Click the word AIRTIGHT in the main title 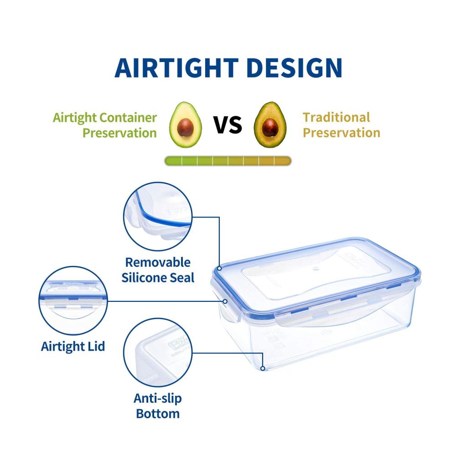point(176,68)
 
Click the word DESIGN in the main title point(294,68)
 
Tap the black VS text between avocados point(228,124)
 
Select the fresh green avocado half point(186,124)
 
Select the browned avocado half point(270,124)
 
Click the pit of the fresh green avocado point(186,127)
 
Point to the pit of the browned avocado point(270,127)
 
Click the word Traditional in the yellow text point(337,117)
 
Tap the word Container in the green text point(128,118)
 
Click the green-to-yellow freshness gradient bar point(228,161)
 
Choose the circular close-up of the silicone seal point(158,216)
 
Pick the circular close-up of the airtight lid point(73,301)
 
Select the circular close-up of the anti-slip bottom point(158,352)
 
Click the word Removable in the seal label point(158,262)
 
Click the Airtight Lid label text point(73,347)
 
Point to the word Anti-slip point(158,398)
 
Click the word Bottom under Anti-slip point(158,413)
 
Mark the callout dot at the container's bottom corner point(263,368)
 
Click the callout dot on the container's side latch point(225,301)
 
